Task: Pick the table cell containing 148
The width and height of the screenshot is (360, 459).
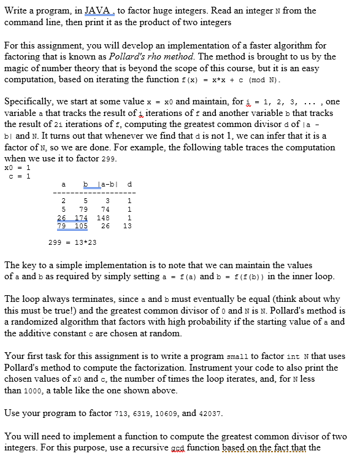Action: tap(103, 217)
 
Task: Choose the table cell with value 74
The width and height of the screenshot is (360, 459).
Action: tap(105, 209)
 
